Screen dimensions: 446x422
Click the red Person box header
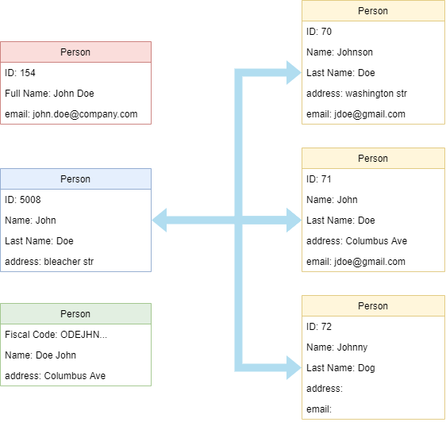pyautogui.click(x=75, y=52)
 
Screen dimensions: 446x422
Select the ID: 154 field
pyautogui.click(x=20, y=73)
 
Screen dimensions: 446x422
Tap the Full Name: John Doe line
pyautogui.click(x=49, y=94)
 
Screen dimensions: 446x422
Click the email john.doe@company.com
pyautogui.click(x=71, y=114)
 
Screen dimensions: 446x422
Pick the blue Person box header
pyautogui.click(x=75, y=178)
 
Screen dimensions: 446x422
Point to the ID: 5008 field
pyautogui.click(x=23, y=200)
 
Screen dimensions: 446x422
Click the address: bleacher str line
pyautogui.click(x=49, y=262)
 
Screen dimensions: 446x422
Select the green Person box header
pyautogui.click(x=75, y=313)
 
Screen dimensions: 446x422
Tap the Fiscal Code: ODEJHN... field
pyautogui.click(x=56, y=335)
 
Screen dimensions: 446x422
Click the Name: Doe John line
pyautogui.click(x=40, y=355)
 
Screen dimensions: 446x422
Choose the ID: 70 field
pyautogui.click(x=319, y=32)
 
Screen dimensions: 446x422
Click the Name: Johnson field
pyautogui.click(x=340, y=52)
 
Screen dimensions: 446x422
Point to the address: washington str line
pyautogui.click(x=356, y=94)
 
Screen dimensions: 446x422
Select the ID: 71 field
pyautogui.click(x=319, y=179)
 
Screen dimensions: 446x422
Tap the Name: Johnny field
pyautogui.click(x=337, y=347)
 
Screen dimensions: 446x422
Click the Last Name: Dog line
pyautogui.click(x=340, y=368)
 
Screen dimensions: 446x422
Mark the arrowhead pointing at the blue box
pyautogui.click(x=160, y=220)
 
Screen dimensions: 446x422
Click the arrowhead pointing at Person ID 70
pyautogui.click(x=294, y=72)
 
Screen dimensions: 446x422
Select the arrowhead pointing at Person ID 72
pyautogui.click(x=294, y=367)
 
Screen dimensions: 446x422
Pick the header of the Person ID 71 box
pyautogui.click(x=373, y=158)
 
